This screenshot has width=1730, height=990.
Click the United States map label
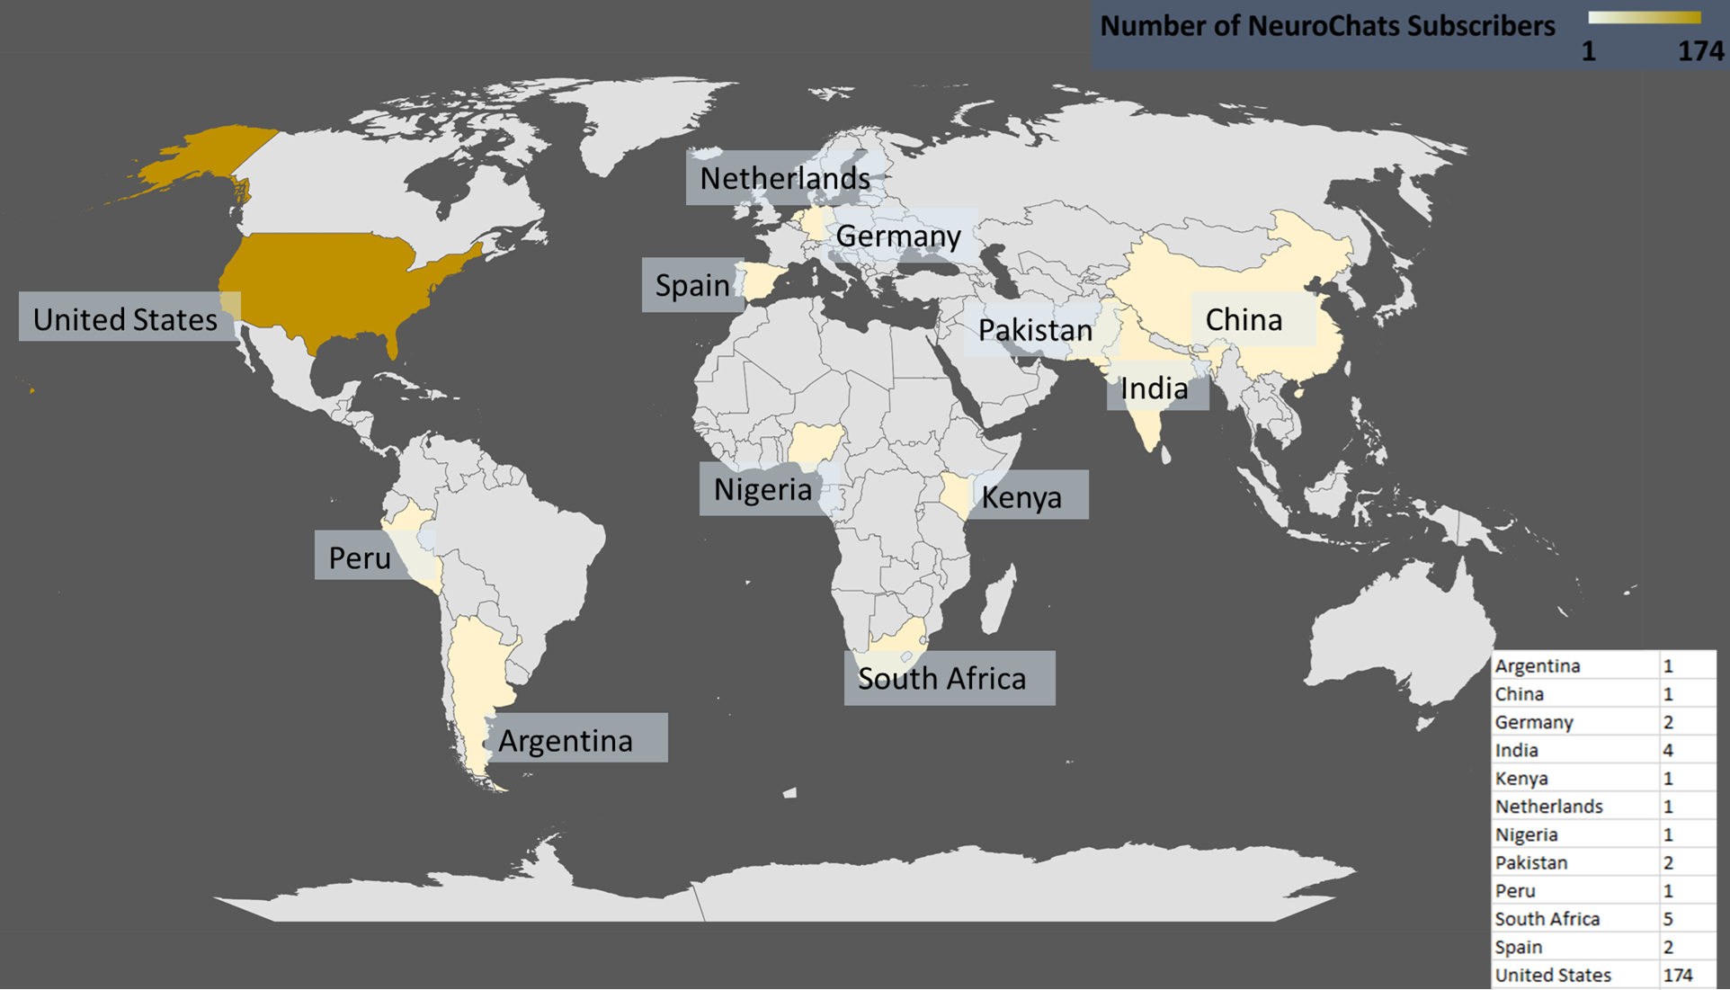(126, 319)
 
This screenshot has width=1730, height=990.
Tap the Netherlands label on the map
(784, 178)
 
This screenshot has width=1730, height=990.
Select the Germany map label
(898, 236)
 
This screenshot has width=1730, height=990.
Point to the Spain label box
(691, 285)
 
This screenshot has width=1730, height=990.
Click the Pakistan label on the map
(1035, 330)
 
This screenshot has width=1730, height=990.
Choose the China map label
(1244, 319)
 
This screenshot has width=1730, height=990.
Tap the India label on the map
(1155, 388)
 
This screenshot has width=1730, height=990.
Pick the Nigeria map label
(762, 489)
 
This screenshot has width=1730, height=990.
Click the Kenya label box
(1021, 496)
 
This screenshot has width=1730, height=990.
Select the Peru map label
(360, 557)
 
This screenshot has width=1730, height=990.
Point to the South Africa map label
(941, 678)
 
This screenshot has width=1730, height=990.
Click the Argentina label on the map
(566, 740)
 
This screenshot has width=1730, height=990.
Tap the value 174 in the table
(1678, 975)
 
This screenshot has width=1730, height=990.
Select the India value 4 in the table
(1668, 750)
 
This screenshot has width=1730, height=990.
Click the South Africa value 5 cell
(1668, 919)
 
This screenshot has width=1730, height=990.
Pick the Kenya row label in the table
(1521, 779)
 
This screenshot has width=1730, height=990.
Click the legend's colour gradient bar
(1644, 17)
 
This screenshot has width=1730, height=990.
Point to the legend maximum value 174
(1700, 51)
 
